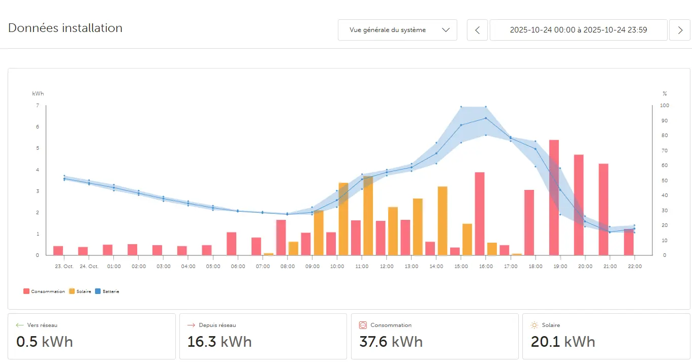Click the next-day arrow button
680,30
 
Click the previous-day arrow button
477,30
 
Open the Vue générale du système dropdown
397,30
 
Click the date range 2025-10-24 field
578,30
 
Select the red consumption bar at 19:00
554,198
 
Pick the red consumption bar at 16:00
480,214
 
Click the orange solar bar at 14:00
443,221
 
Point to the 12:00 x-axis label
387,267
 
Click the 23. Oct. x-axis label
65,267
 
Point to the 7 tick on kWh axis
37,106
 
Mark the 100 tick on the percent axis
665,106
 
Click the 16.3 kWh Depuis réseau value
219,342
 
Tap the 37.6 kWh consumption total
391,342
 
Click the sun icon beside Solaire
534,325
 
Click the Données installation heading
65,28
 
